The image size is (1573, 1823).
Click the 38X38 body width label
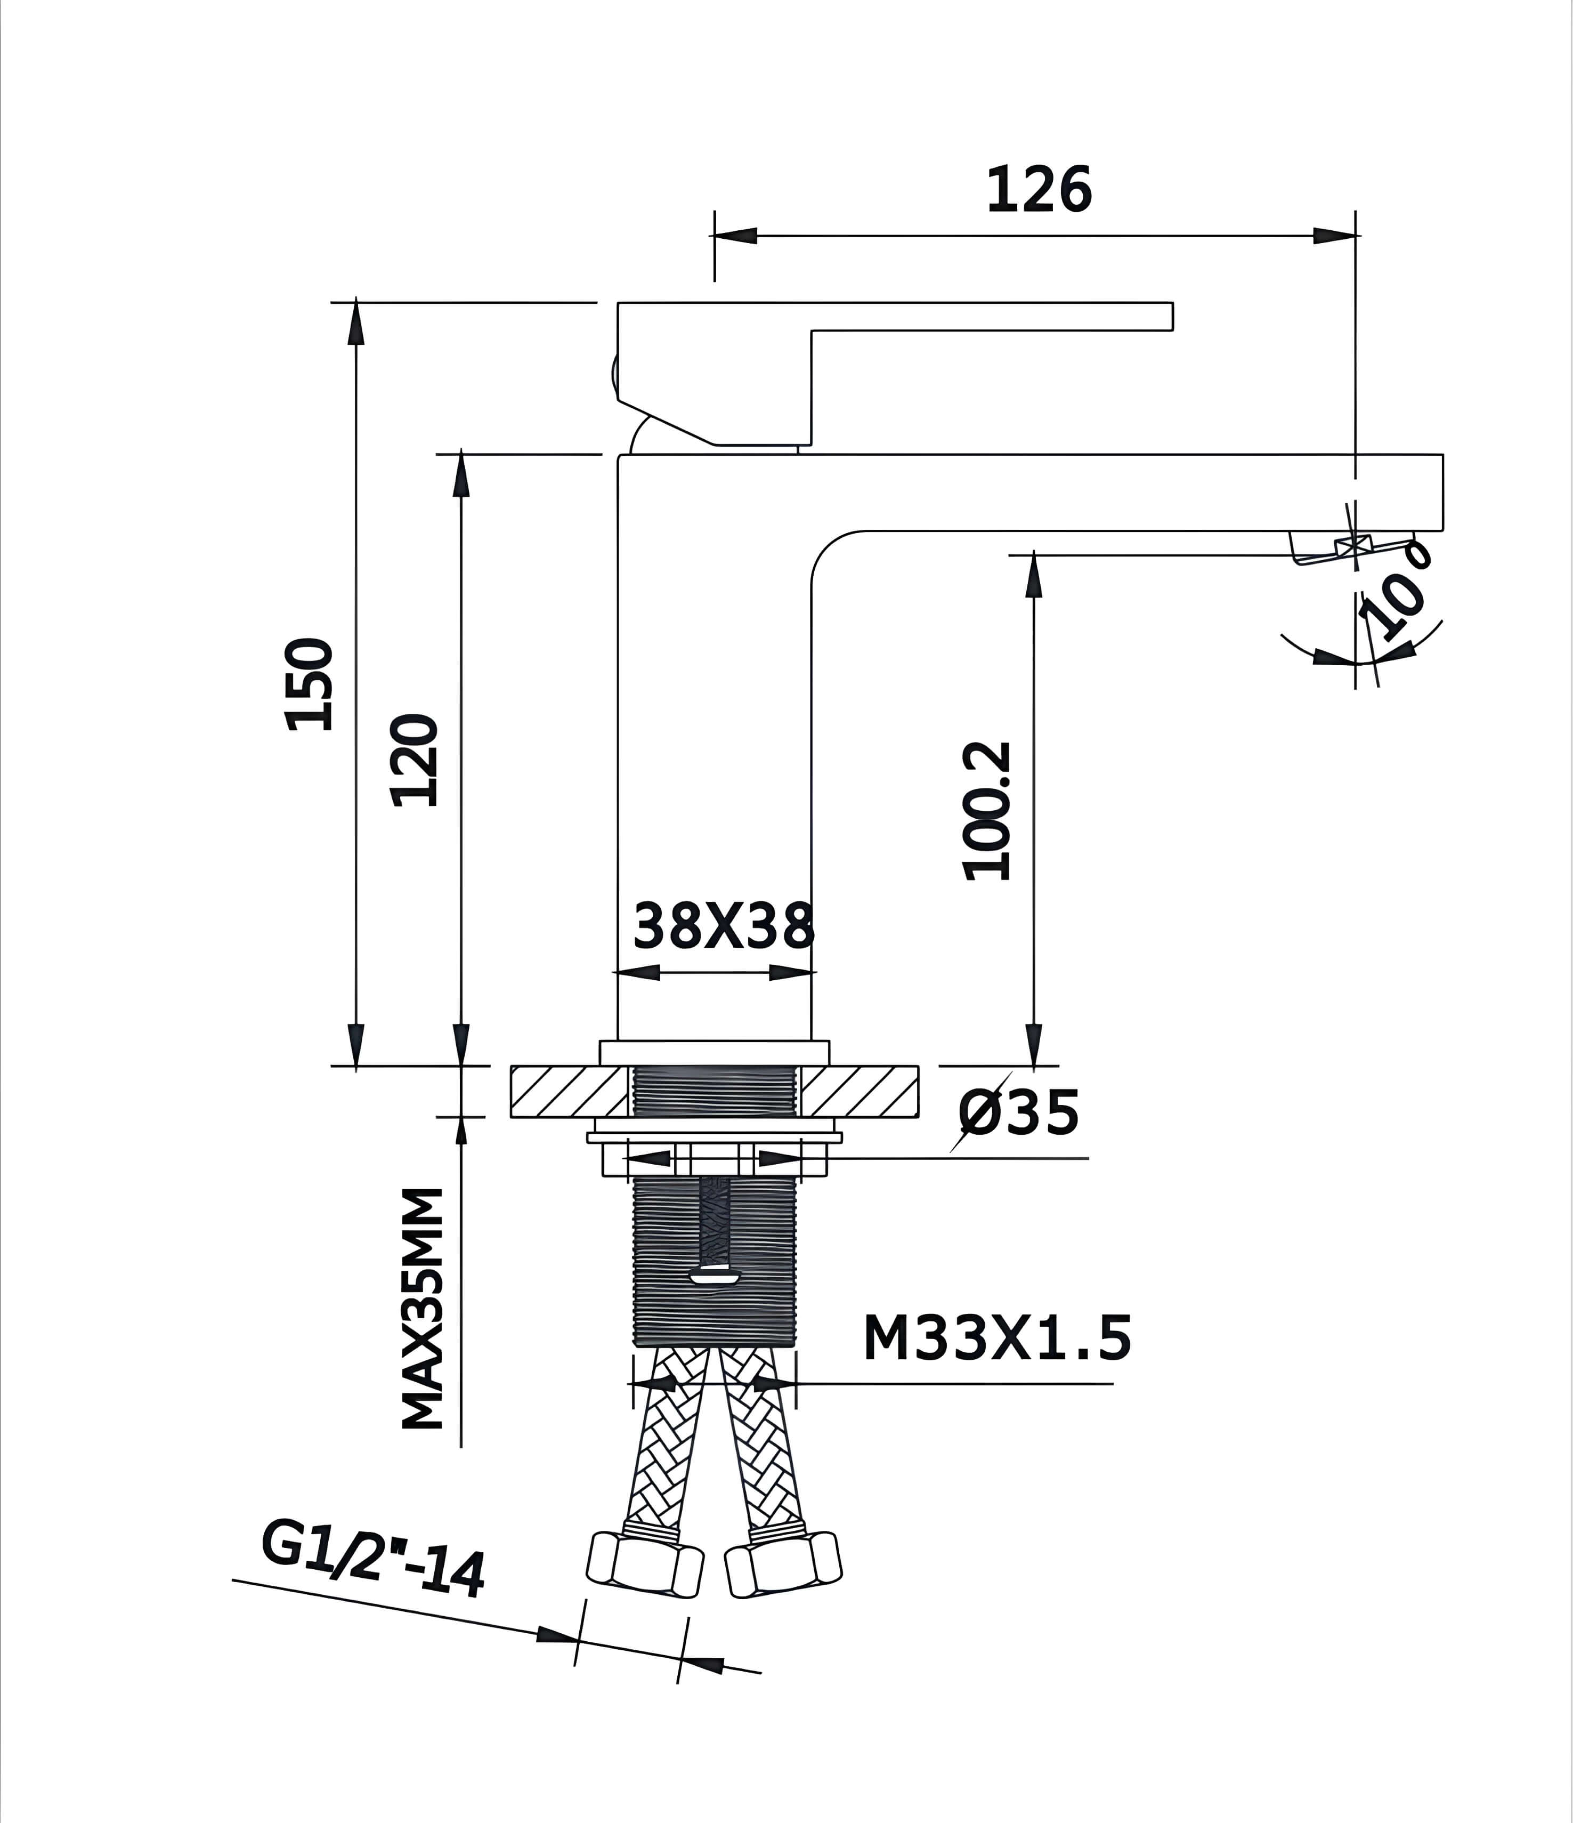click(x=723, y=925)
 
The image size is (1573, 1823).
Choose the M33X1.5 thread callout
click(x=997, y=1339)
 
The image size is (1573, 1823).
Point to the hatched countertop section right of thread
click(x=858, y=1091)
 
